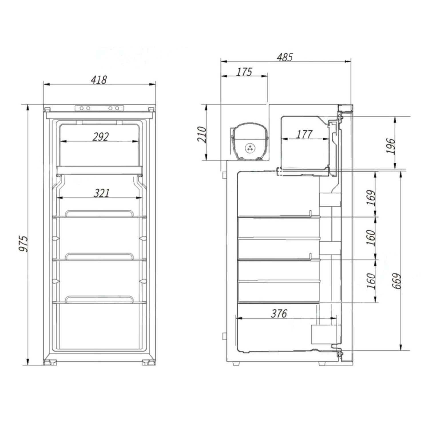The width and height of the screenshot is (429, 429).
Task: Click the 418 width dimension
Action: coord(99,80)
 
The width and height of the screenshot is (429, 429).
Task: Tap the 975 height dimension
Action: coord(23,244)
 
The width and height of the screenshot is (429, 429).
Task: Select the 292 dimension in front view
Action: coord(100,137)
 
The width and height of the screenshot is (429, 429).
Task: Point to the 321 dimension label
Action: coord(102,193)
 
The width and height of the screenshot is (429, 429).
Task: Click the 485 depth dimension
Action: coord(285,57)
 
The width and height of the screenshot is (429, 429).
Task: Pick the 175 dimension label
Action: coord(244,72)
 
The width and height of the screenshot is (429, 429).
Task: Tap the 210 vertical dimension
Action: coord(202,134)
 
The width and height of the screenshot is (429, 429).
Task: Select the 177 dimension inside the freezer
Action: coord(304,134)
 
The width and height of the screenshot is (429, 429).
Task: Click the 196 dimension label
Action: coord(391,146)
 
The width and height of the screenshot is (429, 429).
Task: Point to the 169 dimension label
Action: coord(371,198)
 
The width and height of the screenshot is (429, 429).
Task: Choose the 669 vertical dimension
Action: coord(397,281)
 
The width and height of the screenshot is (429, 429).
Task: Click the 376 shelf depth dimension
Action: coord(279,314)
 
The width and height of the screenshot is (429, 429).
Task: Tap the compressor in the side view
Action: coord(250,142)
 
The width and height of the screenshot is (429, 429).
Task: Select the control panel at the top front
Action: coord(99,108)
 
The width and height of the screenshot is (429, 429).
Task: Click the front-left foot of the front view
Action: coord(50,363)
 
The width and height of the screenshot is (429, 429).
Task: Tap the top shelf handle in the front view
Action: coord(99,213)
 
